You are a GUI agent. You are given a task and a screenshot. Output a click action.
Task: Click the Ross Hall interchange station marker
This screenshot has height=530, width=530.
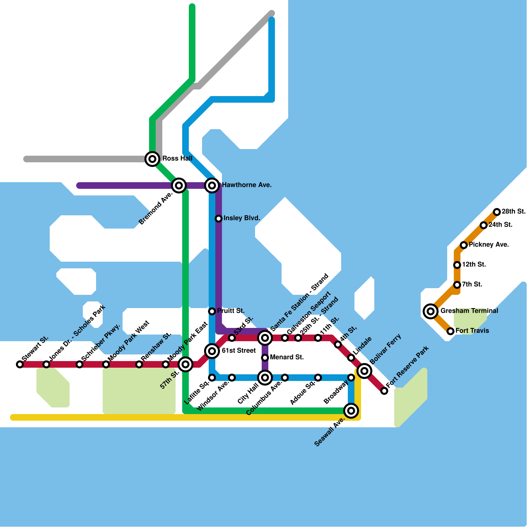click(x=152, y=159)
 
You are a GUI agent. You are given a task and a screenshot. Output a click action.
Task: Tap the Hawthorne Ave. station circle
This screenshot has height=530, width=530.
click(x=212, y=185)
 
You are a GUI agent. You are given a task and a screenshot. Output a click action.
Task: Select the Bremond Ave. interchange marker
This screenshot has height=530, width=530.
click(x=179, y=185)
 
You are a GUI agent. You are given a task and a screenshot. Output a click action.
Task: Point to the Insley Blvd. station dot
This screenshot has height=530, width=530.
click(x=219, y=219)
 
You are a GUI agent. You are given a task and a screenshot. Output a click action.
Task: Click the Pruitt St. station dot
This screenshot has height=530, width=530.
click(x=212, y=311)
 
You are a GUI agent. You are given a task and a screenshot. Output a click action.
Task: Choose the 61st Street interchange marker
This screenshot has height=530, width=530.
click(x=212, y=351)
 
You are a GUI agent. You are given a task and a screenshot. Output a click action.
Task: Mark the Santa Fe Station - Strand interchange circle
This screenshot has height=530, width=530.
click(x=265, y=338)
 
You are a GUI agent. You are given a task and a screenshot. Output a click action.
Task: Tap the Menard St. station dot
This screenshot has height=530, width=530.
click(x=265, y=358)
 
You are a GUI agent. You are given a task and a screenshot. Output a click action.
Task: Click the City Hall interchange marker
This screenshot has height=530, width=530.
click(x=265, y=378)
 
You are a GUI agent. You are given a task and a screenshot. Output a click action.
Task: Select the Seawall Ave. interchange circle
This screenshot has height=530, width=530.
click(x=351, y=411)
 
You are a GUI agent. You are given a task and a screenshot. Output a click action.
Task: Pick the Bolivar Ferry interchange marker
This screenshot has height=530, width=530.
click(x=364, y=371)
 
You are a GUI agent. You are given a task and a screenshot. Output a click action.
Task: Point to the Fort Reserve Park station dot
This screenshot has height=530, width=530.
click(x=384, y=391)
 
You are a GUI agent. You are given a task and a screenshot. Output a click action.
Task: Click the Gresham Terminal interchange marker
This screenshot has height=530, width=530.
click(x=431, y=311)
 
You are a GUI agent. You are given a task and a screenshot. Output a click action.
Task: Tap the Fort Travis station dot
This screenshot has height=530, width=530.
click(x=450, y=331)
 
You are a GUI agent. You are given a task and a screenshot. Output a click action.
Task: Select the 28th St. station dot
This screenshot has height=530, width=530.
click(x=497, y=212)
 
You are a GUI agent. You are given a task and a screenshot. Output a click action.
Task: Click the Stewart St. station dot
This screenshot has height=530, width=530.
click(x=20, y=364)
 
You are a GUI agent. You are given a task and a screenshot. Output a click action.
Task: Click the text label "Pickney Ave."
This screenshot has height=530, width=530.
click(x=489, y=245)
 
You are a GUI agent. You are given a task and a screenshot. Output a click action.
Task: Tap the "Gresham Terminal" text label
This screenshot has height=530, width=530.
click(x=469, y=311)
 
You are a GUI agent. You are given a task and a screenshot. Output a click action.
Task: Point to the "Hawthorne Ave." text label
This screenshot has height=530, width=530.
click(x=247, y=185)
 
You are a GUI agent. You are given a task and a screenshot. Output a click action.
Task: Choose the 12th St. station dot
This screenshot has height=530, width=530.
click(x=457, y=265)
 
